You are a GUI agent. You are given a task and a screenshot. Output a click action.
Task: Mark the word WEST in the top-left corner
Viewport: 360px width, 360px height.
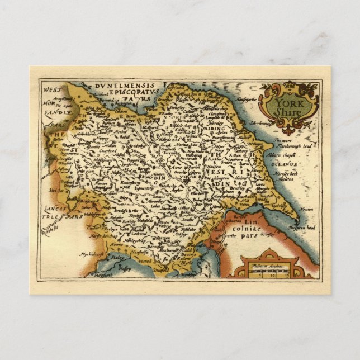[x=51, y=89]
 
